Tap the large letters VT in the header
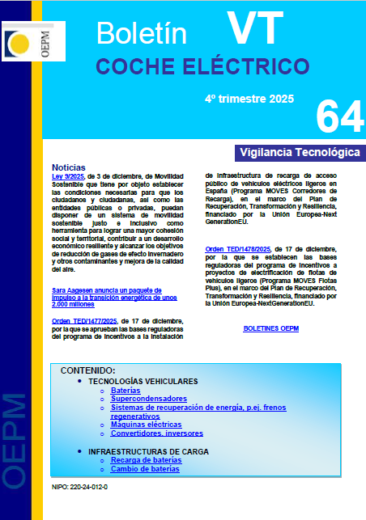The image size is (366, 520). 256,29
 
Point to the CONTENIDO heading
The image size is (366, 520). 93,370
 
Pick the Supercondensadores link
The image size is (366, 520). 149,399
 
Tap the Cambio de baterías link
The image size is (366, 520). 146,468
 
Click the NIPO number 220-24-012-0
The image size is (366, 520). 79,488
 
